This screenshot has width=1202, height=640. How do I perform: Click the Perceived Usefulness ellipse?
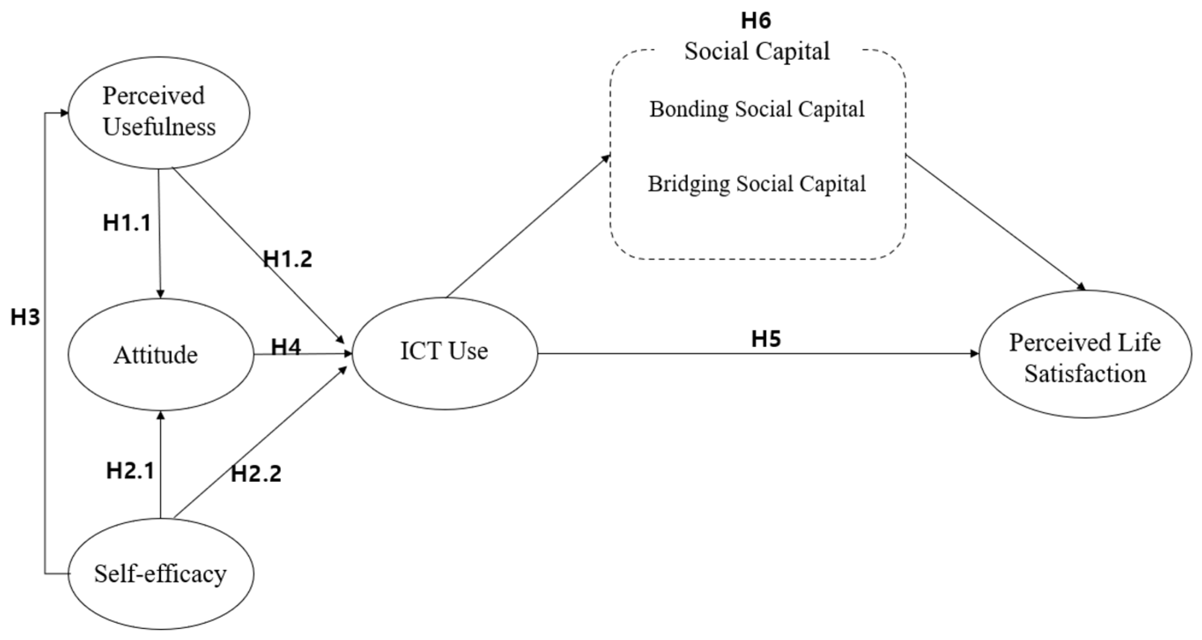pyautogui.click(x=159, y=112)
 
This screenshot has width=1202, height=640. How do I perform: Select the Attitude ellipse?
pyautogui.click(x=160, y=355)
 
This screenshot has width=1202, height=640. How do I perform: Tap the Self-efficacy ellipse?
pyautogui.click(x=161, y=573)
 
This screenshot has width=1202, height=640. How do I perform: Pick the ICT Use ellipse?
pyautogui.click(x=444, y=353)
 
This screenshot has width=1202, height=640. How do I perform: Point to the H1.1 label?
pyautogui.click(x=127, y=223)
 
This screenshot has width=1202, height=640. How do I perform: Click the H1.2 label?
pyautogui.click(x=288, y=259)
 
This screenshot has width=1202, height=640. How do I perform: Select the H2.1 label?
pyautogui.click(x=130, y=471)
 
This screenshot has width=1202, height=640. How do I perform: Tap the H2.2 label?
pyautogui.click(x=256, y=474)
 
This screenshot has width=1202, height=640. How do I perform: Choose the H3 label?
pyautogui.click(x=25, y=318)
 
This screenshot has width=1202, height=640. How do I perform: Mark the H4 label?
pyautogui.click(x=286, y=347)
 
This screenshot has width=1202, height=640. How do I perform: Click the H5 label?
pyautogui.click(x=766, y=339)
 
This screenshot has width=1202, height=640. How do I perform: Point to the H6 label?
pyautogui.click(x=756, y=21)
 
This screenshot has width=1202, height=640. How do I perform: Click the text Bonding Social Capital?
pyautogui.click(x=757, y=110)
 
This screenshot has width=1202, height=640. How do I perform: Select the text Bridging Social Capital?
pyautogui.click(x=757, y=184)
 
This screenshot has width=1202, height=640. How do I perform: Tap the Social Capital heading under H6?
pyautogui.click(x=757, y=51)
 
